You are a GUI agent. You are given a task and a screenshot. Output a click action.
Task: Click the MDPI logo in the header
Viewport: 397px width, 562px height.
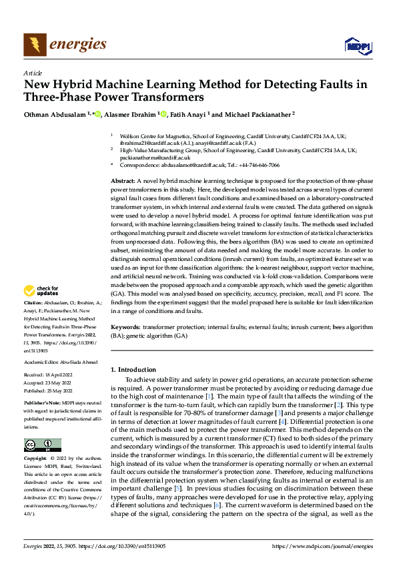[356, 45]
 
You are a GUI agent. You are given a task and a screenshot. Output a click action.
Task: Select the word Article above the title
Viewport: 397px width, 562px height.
[32, 73]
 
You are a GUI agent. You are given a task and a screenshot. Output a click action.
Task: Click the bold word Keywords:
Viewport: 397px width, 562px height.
[125, 329]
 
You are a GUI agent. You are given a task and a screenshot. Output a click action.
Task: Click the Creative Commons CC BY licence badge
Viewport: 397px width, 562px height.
[42, 445]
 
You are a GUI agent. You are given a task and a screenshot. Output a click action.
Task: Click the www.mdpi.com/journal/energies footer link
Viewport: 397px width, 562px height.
[325, 545]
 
